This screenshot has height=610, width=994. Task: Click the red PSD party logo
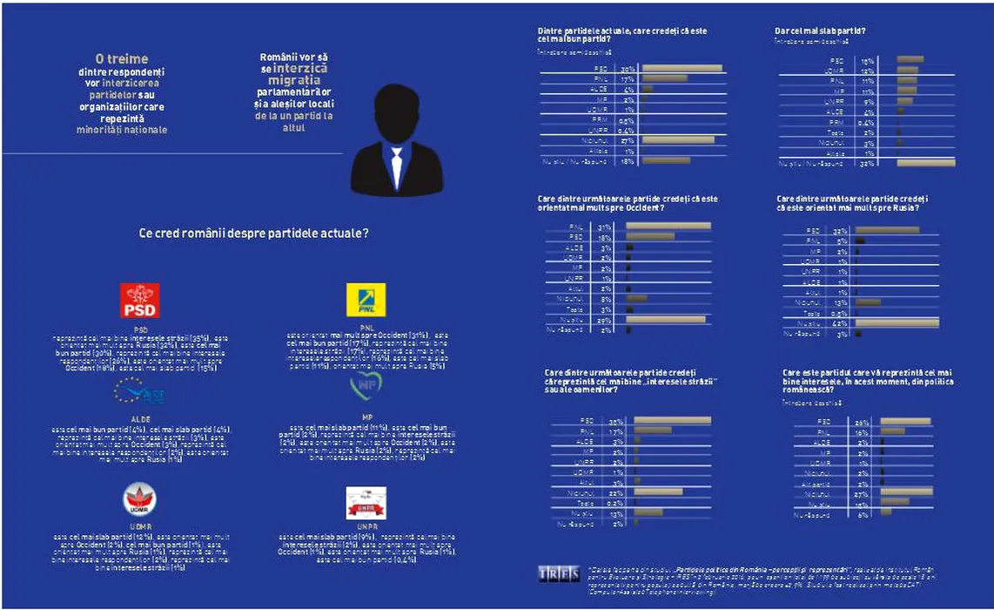pyautogui.click(x=139, y=301)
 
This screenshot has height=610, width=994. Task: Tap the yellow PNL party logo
pyautogui.click(x=366, y=301)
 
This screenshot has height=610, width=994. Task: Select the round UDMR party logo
pyautogui.click(x=139, y=500)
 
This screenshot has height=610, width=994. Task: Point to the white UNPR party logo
pyautogui.click(x=366, y=503)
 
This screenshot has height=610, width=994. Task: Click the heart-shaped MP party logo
pyautogui.click(x=366, y=384)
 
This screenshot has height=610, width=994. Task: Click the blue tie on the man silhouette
pyautogui.click(x=397, y=166)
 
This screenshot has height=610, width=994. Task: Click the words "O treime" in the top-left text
pyautogui.click(x=121, y=59)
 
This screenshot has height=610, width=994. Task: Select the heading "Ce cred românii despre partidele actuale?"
pyautogui.click(x=252, y=234)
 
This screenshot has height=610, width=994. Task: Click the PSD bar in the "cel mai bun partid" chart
pyautogui.click(x=681, y=69)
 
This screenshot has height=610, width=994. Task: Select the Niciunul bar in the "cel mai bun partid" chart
pyautogui.click(x=676, y=139)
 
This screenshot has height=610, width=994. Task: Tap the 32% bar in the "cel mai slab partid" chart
pyautogui.click(x=925, y=163)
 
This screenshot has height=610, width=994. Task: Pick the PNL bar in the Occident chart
pyautogui.click(x=668, y=227)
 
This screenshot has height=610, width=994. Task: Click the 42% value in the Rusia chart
pyautogui.click(x=839, y=323)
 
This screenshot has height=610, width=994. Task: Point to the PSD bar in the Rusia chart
pyautogui.click(x=887, y=230)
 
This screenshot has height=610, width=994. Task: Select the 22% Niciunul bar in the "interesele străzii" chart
pyautogui.click(x=658, y=491)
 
